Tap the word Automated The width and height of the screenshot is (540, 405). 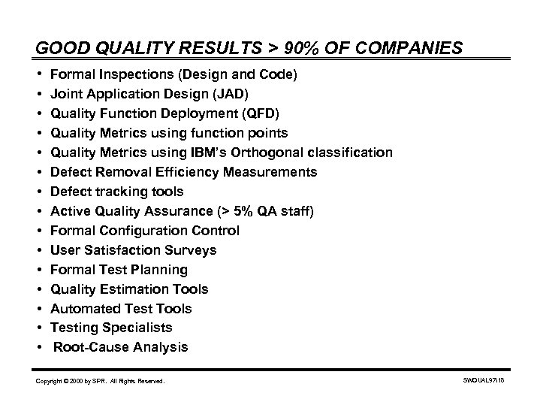coord(82,309)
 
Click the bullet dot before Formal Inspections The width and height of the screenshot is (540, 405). coord(38,75)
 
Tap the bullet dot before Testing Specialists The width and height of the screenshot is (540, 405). coord(38,328)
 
